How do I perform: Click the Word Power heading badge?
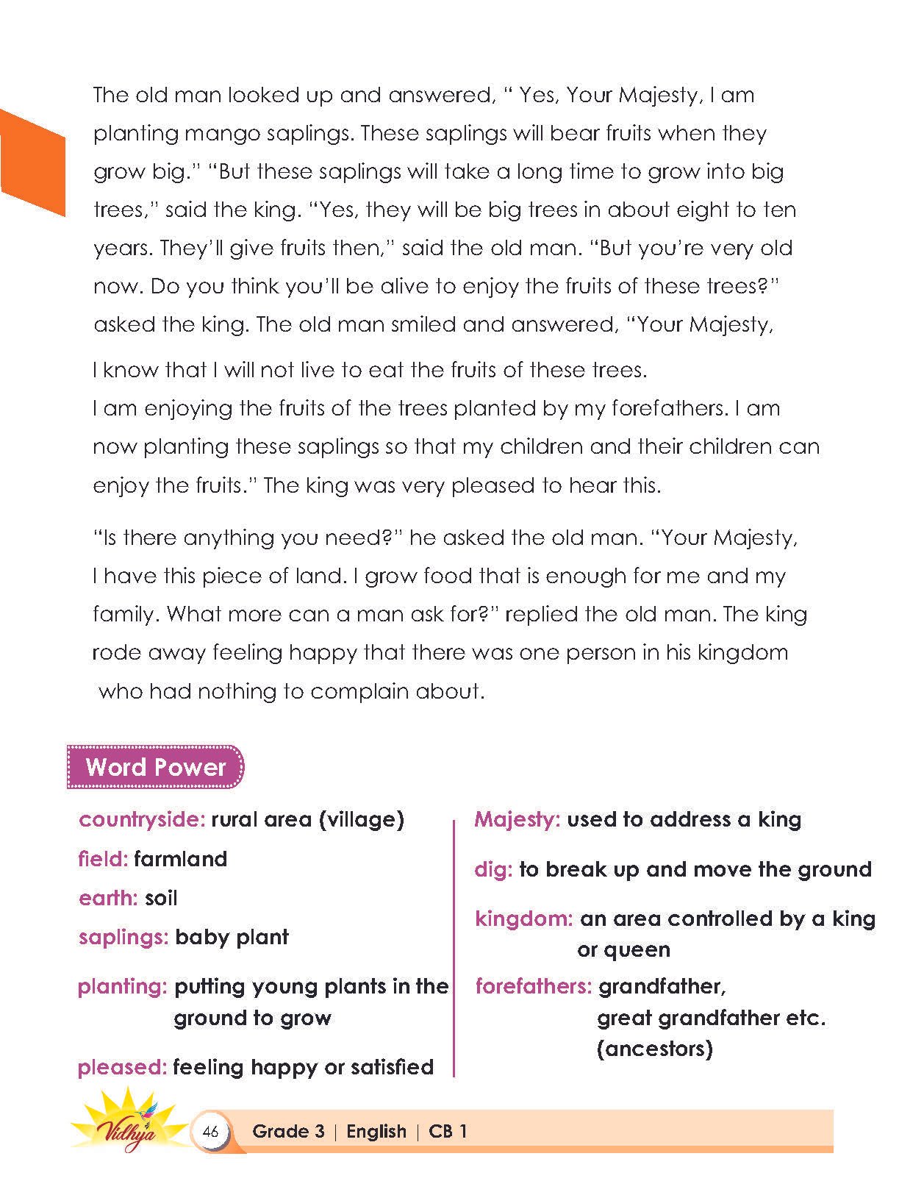tap(155, 767)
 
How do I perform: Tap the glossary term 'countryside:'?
tap(142, 819)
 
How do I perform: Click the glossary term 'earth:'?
tap(108, 898)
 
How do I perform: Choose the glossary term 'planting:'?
tap(123, 986)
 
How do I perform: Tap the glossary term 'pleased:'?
tap(122, 1067)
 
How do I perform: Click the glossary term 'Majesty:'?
tap(517, 819)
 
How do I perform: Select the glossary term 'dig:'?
tap(493, 869)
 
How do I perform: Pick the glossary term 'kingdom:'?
tap(523, 918)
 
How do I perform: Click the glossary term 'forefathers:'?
tap(533, 986)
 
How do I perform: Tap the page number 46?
tap(210, 1131)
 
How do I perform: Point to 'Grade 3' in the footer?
tap(288, 1131)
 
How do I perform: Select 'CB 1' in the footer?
tap(447, 1131)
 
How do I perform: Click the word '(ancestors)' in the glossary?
tap(654, 1049)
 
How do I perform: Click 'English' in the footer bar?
tap(376, 1131)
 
